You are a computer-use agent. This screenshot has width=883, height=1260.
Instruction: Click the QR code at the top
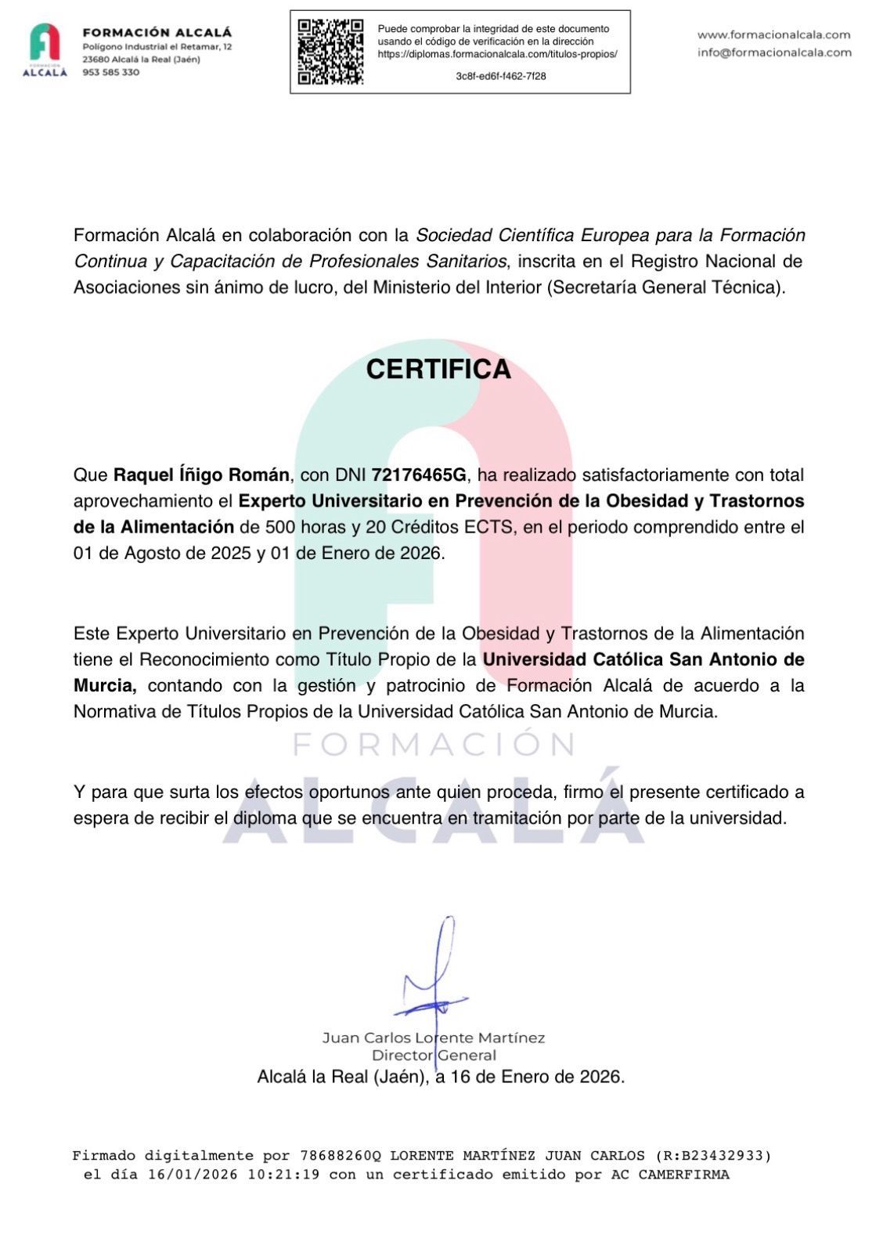click(330, 52)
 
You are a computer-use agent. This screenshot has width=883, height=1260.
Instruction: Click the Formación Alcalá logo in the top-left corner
click(45, 49)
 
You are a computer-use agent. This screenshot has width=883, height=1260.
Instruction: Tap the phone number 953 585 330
click(111, 72)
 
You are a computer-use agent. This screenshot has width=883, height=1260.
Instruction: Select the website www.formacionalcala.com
click(773, 34)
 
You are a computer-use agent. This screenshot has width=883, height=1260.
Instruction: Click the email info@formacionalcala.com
click(774, 52)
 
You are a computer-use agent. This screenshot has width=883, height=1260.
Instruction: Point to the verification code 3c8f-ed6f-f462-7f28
click(501, 76)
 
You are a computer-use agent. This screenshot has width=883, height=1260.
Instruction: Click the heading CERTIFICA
click(438, 369)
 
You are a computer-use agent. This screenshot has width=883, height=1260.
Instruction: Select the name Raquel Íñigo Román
click(202, 475)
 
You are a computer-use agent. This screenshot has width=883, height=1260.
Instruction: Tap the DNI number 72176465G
click(419, 475)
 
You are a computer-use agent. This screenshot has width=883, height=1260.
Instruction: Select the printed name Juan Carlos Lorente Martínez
click(434, 1038)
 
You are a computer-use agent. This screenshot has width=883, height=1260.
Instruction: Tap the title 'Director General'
click(434, 1055)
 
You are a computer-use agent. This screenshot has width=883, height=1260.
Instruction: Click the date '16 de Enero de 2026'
click(535, 1077)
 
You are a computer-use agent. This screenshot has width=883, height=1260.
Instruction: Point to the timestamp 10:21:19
click(283, 1175)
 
